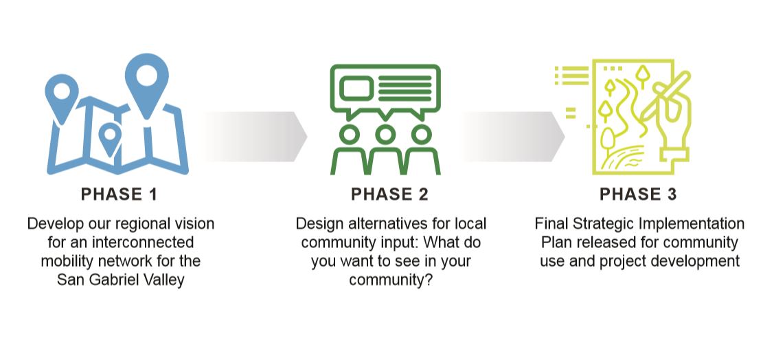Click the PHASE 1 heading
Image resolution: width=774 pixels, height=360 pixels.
tap(119, 194)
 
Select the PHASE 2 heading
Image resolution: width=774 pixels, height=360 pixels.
tap(389, 194)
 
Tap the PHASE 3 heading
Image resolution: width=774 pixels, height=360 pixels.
tap(638, 194)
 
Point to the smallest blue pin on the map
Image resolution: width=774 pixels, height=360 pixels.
tap(110, 138)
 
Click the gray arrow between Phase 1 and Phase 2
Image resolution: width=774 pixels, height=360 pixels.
tap(255, 136)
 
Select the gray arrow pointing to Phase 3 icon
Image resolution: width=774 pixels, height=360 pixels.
tap(514, 136)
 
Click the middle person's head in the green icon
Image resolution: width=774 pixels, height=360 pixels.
tap(385, 134)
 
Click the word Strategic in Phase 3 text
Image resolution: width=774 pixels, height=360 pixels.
tap(603, 224)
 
